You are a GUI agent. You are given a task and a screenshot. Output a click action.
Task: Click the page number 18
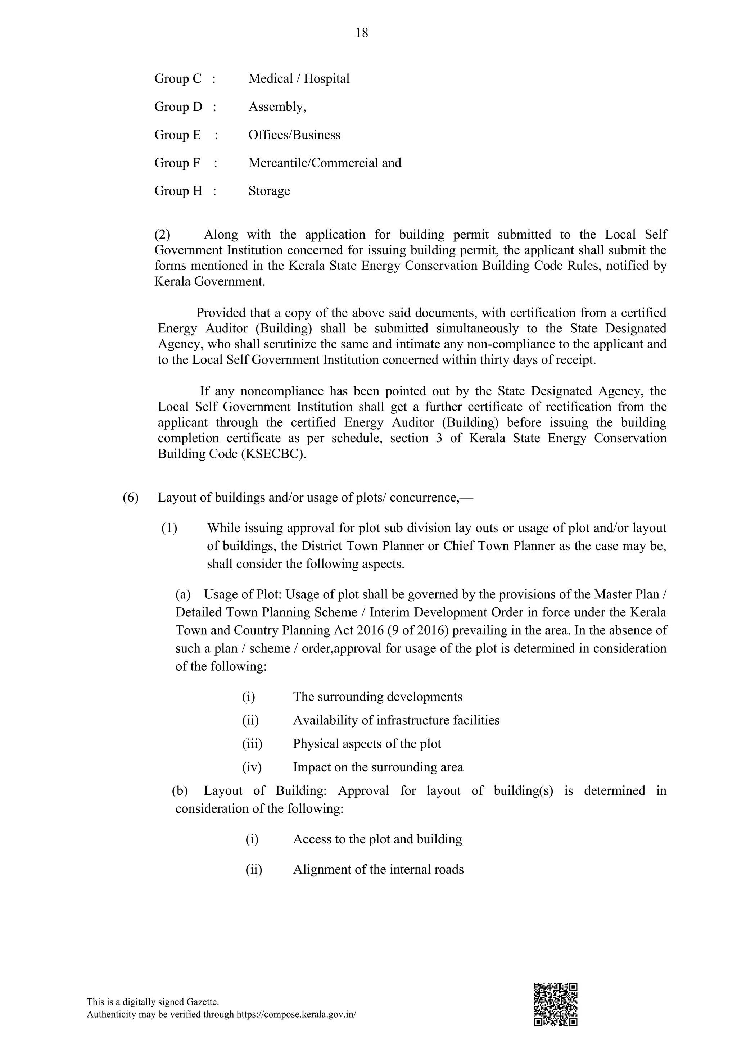(362, 33)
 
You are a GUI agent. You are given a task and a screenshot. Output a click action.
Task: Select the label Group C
(177, 78)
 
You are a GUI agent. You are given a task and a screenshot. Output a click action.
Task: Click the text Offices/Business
(294, 135)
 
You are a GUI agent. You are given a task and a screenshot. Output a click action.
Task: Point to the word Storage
(269, 191)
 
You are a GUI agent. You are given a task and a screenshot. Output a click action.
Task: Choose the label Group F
(177, 163)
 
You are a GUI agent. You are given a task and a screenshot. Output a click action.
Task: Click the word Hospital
(326, 78)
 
